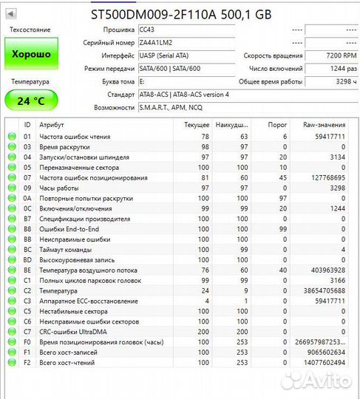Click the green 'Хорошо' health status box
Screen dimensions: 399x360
click(x=30, y=55)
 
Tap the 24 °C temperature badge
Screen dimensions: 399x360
click(x=30, y=100)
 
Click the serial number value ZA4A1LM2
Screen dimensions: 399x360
click(x=156, y=43)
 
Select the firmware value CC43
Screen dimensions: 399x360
click(x=147, y=30)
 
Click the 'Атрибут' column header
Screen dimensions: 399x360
click(x=52, y=125)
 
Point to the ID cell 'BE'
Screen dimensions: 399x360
click(x=27, y=270)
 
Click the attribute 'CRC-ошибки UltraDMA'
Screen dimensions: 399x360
click(x=74, y=332)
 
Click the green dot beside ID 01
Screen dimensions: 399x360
click(x=11, y=137)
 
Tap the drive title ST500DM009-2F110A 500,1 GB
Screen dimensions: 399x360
click(x=180, y=13)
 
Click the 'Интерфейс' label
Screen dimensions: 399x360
click(x=119, y=56)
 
